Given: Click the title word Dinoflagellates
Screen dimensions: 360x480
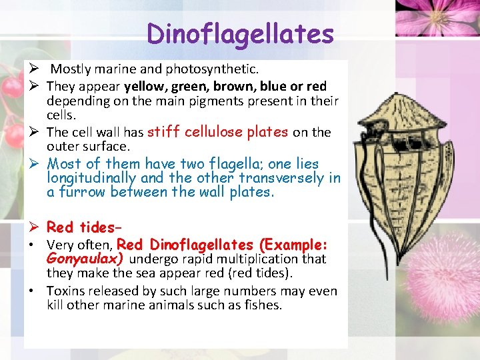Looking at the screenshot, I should coord(241,33).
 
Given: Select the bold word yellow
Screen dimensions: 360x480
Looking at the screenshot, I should coord(145,86).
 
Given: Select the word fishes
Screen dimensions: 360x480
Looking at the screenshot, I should coord(263,305).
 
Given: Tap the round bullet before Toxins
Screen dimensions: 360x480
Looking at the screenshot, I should coord(32,291).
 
